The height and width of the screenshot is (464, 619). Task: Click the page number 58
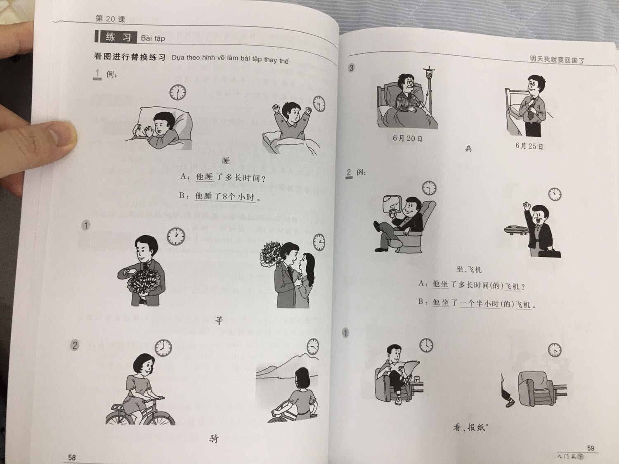(72, 457)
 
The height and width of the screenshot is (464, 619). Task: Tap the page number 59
(590, 448)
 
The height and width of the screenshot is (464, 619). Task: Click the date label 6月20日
(407, 138)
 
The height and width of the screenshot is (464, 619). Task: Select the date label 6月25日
(529, 146)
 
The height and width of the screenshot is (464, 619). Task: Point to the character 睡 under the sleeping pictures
(225, 161)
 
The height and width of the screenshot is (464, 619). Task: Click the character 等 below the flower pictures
(219, 320)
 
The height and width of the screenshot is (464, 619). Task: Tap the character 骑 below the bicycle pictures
(214, 439)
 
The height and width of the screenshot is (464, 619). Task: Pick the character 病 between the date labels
(468, 149)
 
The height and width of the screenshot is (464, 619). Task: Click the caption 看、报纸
(470, 427)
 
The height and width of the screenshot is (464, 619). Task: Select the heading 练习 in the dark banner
(118, 37)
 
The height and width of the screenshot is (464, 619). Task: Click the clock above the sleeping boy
(177, 92)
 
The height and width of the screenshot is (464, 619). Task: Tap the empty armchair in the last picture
(535, 387)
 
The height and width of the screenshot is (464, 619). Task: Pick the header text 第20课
(110, 19)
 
